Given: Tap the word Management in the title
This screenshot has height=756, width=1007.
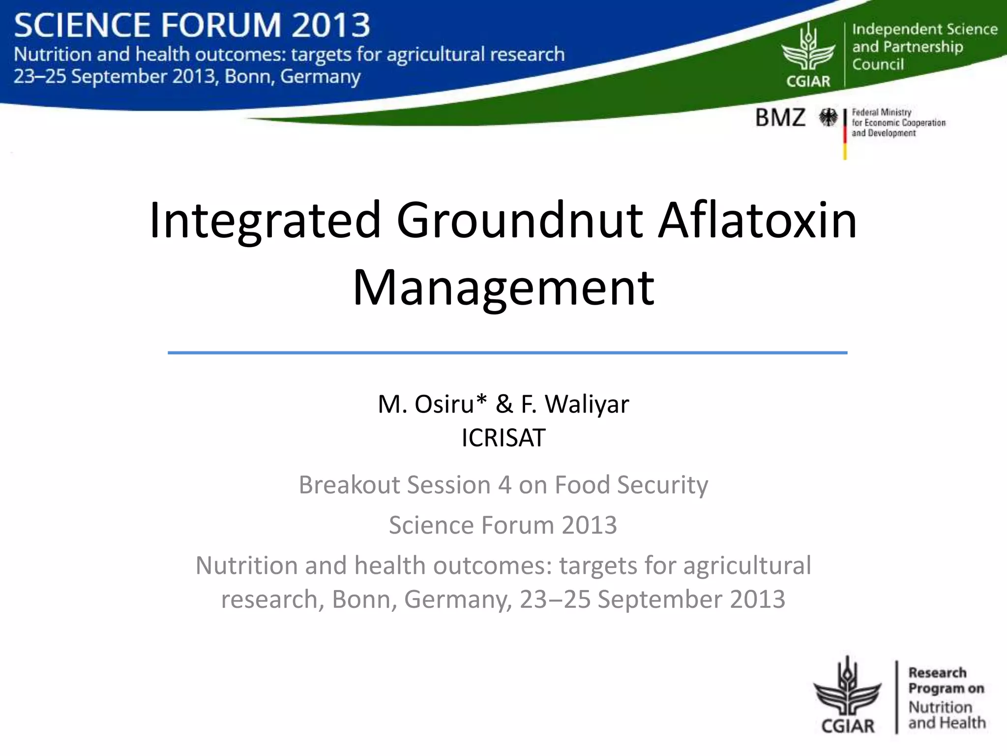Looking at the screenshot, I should (x=503, y=288).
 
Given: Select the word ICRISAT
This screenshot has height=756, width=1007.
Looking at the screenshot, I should (x=503, y=438).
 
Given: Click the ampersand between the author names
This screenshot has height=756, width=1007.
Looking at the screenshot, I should (x=504, y=404).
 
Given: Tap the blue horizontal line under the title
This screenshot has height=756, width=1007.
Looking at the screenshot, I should (x=507, y=352).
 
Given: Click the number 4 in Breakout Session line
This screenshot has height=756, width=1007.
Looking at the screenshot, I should (x=505, y=485).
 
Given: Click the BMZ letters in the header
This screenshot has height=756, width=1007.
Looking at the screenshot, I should (x=780, y=118).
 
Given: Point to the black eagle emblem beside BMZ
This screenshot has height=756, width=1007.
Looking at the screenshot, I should (x=828, y=118).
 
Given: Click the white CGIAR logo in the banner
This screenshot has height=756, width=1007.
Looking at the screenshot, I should (x=808, y=57).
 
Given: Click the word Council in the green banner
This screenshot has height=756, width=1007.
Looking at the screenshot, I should (x=878, y=64).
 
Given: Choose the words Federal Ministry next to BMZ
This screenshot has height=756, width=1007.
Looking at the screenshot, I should (x=881, y=112).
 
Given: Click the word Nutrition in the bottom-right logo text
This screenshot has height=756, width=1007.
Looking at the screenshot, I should (x=940, y=707).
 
